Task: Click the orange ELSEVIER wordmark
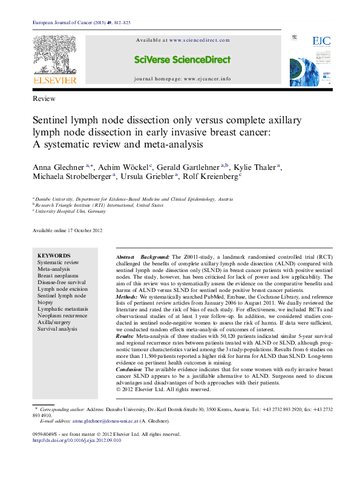coord(54,80)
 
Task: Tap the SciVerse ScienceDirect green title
coord(182,60)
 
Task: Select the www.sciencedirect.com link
coord(199,41)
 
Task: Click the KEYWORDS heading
coord(54,256)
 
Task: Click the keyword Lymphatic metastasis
coord(62,309)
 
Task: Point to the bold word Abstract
coord(125,257)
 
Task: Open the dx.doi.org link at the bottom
coord(76,440)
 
